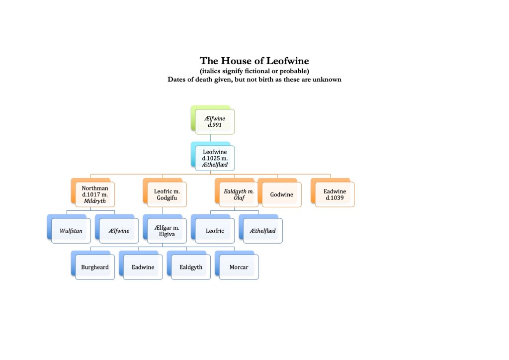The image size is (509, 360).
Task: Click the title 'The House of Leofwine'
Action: pos(254,61)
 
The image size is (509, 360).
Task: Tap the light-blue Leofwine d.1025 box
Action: pos(215,158)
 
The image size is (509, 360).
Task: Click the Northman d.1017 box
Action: pos(94,194)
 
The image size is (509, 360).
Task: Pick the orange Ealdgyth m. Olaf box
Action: pos(237,194)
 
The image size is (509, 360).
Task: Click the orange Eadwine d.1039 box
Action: pos(334,194)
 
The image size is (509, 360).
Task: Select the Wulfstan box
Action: pos(71,231)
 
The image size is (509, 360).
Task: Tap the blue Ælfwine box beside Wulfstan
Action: pos(118,231)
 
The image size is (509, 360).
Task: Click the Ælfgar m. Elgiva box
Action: pos(166,231)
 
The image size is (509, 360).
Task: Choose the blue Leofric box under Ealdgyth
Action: pos(214,231)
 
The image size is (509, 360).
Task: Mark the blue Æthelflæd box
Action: pos(262,231)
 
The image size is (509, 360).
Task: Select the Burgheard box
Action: pos(94,267)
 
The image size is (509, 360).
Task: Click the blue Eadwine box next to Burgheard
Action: pos(143,267)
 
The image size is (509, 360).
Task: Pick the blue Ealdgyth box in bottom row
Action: pos(190,267)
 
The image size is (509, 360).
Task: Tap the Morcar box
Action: pos(239,267)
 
